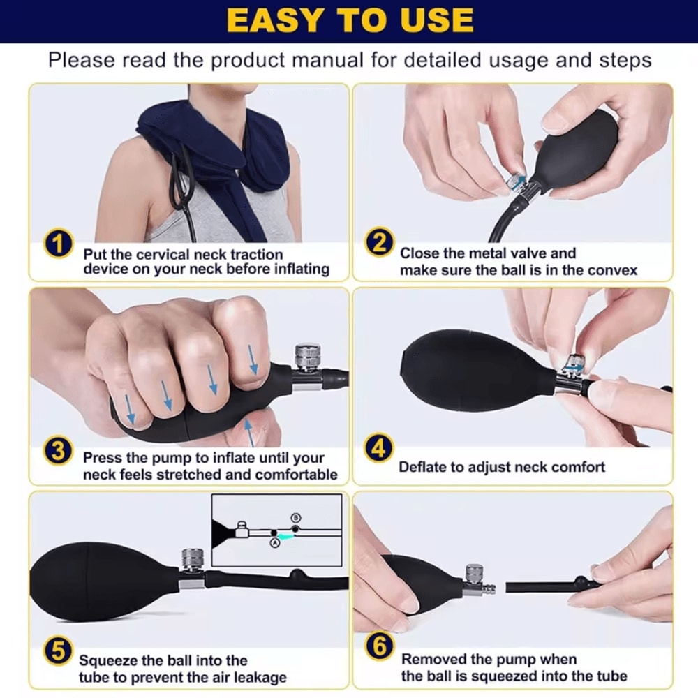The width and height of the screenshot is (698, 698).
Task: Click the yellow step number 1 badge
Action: click(59, 246)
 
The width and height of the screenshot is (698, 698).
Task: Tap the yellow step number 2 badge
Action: click(379, 244)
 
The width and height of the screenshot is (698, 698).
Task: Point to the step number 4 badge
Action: click(379, 449)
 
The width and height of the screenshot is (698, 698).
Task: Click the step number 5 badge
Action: click(59, 651)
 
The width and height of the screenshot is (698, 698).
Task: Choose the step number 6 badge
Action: click(379, 647)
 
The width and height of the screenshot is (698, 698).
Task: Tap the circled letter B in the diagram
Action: click(295, 517)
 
